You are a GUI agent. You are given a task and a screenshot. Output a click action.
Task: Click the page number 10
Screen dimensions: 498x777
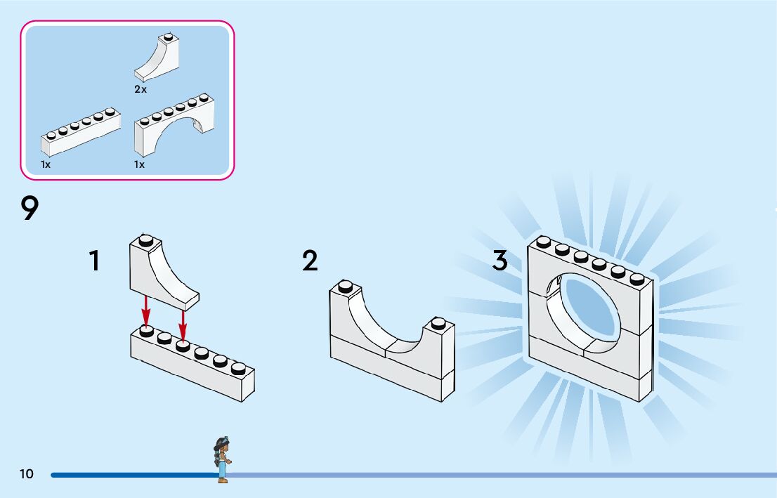click(26, 474)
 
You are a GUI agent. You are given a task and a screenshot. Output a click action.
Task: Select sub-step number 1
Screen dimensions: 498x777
click(94, 261)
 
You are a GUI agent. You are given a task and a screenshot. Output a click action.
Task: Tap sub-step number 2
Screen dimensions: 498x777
click(310, 261)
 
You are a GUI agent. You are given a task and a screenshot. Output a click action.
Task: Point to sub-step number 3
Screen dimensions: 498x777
click(499, 261)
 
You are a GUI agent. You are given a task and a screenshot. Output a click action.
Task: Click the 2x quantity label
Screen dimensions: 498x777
click(141, 90)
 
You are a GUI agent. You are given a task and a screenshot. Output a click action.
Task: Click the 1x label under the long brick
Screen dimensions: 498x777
click(46, 164)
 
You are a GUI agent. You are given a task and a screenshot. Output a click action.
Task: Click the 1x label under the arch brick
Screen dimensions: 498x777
click(139, 164)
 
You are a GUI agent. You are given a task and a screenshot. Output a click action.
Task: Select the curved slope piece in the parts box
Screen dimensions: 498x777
click(157, 60)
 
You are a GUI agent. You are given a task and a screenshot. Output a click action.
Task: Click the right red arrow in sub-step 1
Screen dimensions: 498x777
click(183, 322)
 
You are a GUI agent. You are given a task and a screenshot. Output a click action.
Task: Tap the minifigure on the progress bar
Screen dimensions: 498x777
click(222, 459)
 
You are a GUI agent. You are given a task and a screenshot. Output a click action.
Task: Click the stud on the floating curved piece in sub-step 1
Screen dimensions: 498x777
click(145, 240)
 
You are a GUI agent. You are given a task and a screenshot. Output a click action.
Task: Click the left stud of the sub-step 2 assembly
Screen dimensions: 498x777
click(345, 286)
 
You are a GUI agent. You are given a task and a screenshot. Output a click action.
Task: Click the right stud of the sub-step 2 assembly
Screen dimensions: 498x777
click(438, 323)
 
